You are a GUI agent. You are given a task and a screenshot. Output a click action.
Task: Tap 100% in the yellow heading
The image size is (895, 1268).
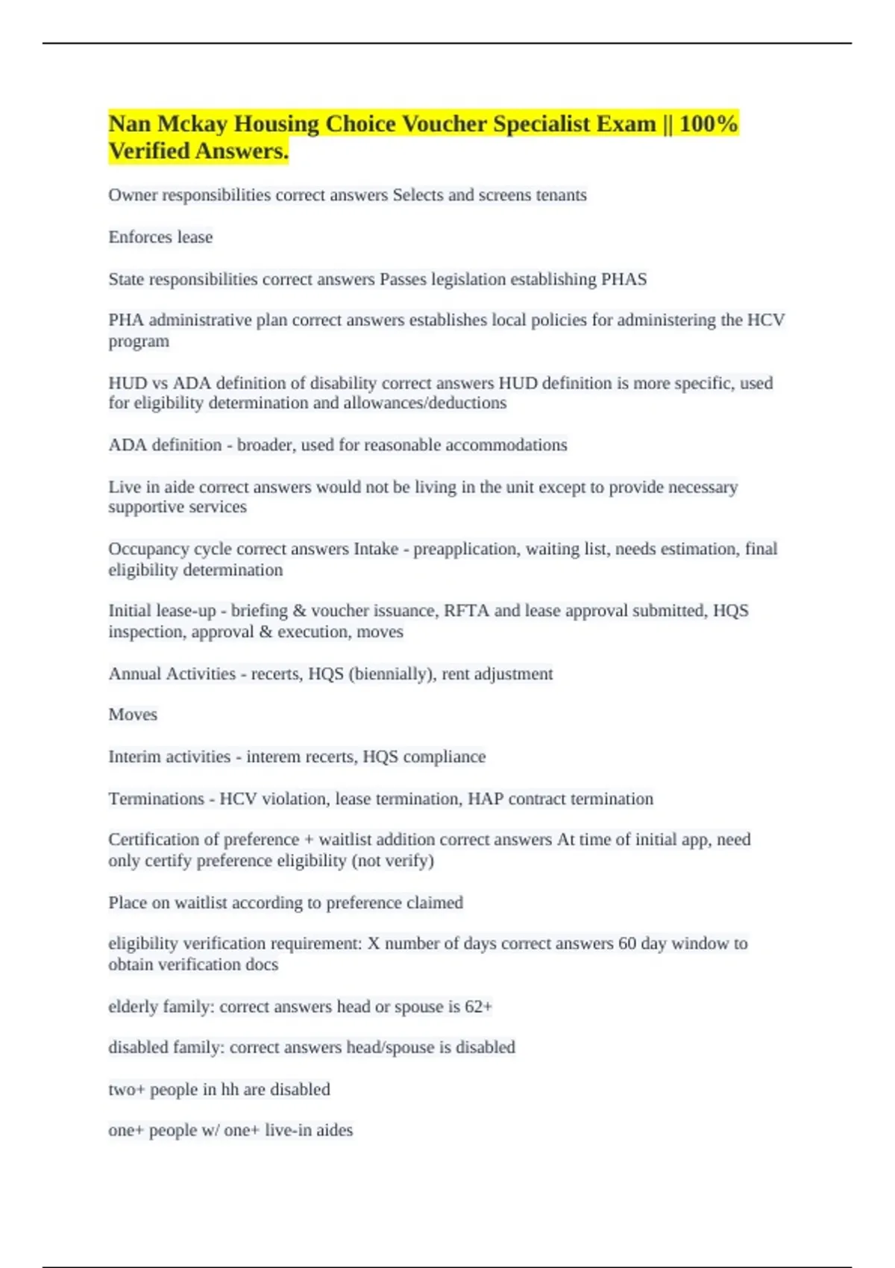709,124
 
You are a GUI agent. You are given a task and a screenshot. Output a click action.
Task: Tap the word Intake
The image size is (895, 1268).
376,549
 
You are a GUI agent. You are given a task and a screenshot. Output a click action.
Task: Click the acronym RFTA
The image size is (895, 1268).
466,611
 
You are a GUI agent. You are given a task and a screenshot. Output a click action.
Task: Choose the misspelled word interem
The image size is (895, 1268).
277,757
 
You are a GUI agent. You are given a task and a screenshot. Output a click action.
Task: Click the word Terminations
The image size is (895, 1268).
156,799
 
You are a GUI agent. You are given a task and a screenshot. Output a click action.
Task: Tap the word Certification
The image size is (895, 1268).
154,840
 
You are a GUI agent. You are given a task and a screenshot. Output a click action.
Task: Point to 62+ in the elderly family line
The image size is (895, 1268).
478,1007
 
